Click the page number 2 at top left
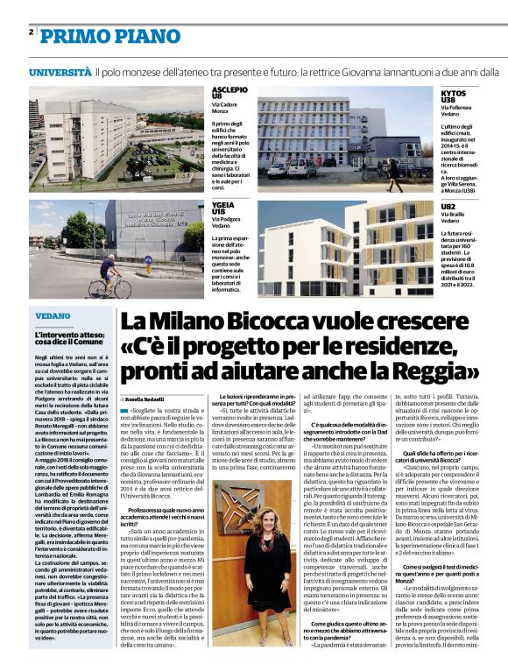pyautogui.click(x=32, y=32)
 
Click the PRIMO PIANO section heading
pyautogui.click(x=98, y=35)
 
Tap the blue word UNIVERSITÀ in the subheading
pyautogui.click(x=60, y=72)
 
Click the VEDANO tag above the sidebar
pyautogui.click(x=53, y=315)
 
